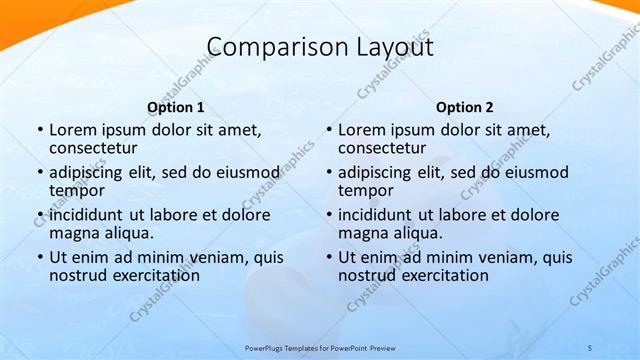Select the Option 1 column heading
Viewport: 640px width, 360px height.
coord(176,107)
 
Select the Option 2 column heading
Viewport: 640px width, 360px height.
coord(465,107)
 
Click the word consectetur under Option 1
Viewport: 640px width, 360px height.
coord(95,148)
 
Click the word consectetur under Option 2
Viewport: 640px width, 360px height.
coord(384,148)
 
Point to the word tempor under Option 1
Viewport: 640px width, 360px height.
coord(75,190)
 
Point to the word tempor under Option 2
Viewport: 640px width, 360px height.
coord(364,190)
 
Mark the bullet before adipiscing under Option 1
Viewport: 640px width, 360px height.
coord(39,173)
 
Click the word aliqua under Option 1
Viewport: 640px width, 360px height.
coord(125,233)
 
